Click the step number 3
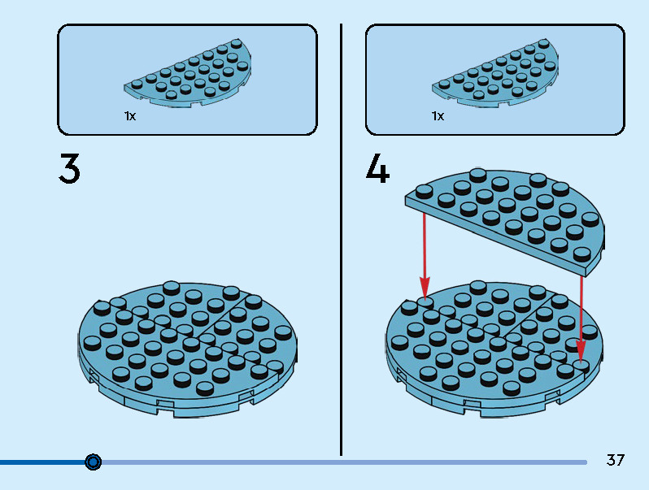coord(69,168)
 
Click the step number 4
coord(377,168)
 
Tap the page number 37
coord(615,460)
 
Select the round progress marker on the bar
coord(94,462)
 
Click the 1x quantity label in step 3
coord(130,116)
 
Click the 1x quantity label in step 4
coord(438,116)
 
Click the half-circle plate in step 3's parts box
coord(188,73)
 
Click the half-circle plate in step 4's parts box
coord(495,73)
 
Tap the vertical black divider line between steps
coord(341,240)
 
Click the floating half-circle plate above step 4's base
coord(504,222)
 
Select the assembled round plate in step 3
coord(188,349)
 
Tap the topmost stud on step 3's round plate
coord(172,288)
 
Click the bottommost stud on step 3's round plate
coord(204,388)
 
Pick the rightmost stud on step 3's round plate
coord(283,333)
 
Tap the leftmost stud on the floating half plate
coord(425,192)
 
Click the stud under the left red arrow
coord(425,303)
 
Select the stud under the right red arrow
coord(581,366)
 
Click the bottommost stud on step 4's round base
coord(512,388)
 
